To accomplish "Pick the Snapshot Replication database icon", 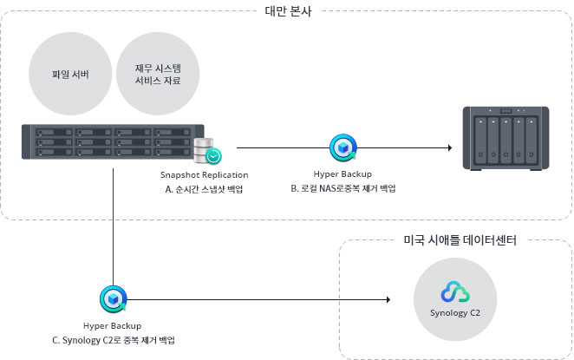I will pyautogui.click(x=209, y=151).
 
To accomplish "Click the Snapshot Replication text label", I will pyautogui.click(x=205, y=174).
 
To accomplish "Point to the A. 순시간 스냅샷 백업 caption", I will pyautogui.click(x=204, y=188).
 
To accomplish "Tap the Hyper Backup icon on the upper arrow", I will pyautogui.click(x=342, y=147).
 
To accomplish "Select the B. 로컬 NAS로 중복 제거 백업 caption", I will pyautogui.click(x=343, y=188).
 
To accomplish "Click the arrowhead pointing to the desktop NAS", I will pyautogui.click(x=448, y=147).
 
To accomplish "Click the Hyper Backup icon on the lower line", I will pyautogui.click(x=113, y=299).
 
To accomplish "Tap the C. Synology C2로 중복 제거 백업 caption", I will pyautogui.click(x=113, y=339).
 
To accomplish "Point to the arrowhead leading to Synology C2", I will pyautogui.click(x=386, y=300).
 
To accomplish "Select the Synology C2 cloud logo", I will pyautogui.click(x=455, y=292).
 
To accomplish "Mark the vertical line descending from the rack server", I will pyautogui.click(x=113, y=226).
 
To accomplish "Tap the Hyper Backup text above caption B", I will pyautogui.click(x=342, y=174).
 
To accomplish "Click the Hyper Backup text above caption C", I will pyautogui.click(x=113, y=325).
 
